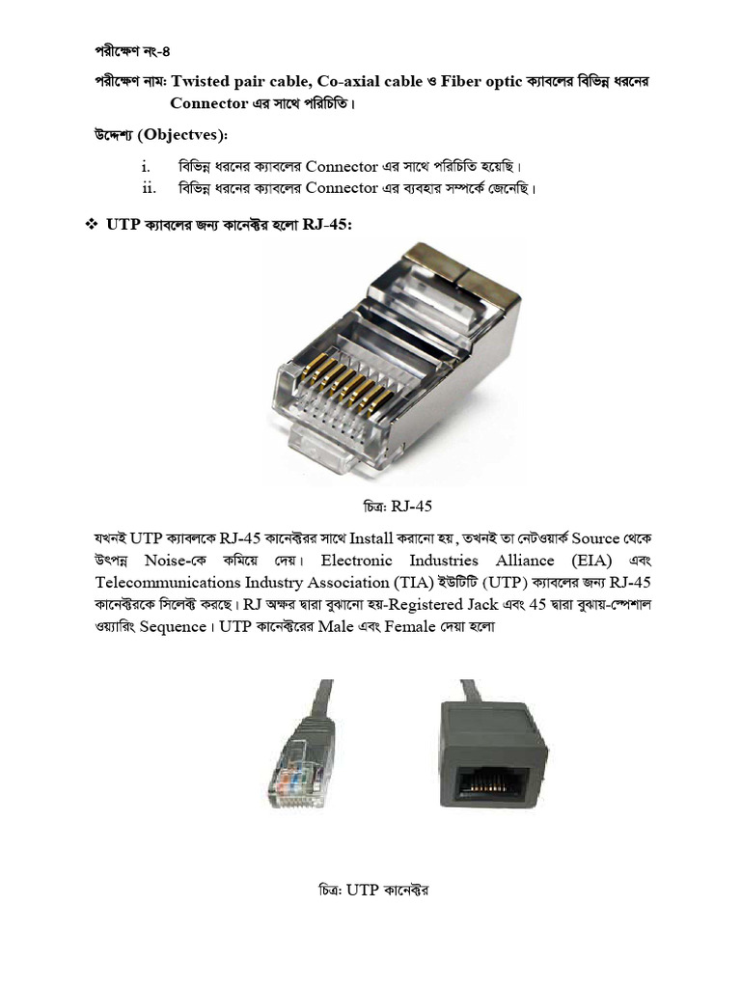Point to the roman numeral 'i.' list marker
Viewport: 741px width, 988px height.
point(147,167)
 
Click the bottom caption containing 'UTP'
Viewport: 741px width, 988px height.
point(371,890)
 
